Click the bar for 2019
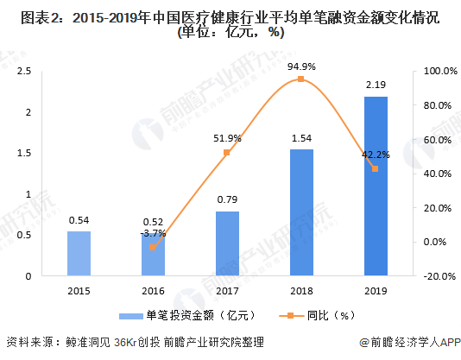tap(375, 186)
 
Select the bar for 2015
tap(79, 253)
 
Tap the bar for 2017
tap(227, 243)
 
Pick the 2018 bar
tap(300, 212)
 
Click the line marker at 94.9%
tap(300, 79)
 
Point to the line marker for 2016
tap(153, 248)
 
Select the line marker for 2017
tap(227, 153)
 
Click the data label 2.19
tap(375, 85)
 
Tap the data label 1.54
tap(300, 138)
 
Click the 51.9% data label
tap(227, 137)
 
